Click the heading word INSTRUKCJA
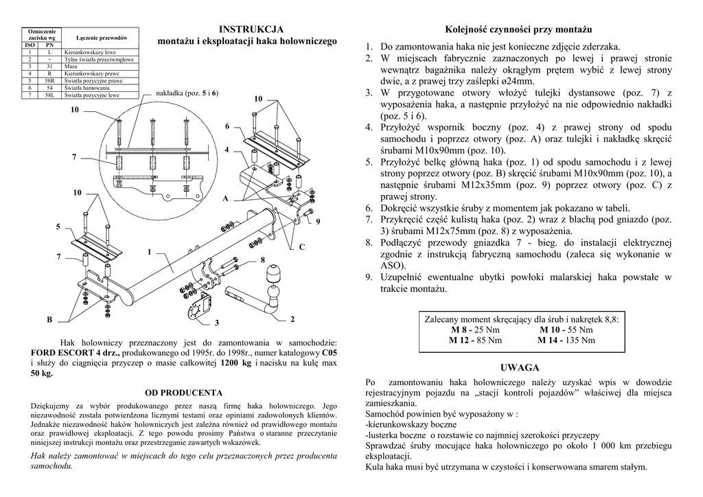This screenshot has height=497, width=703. point(251,30)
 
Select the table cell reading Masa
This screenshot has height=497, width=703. point(71,67)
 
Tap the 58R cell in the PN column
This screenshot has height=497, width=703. point(50,80)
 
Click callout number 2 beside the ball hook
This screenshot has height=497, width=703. point(292,319)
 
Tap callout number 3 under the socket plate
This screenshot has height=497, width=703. point(216,323)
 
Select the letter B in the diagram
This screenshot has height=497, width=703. point(49,320)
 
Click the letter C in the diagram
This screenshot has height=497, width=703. point(301,246)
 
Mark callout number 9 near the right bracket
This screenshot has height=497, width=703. point(317,221)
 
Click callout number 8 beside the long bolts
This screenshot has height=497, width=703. point(262,259)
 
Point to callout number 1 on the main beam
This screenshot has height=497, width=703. point(148,252)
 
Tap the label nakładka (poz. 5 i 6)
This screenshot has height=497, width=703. point(187,92)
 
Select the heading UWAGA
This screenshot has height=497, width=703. point(520,367)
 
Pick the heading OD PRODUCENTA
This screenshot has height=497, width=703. point(183,393)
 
